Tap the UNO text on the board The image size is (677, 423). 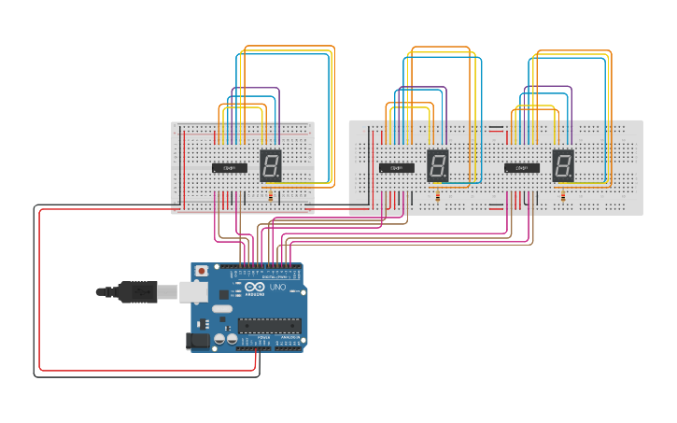coord(277,288)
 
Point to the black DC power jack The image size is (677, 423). coord(197,342)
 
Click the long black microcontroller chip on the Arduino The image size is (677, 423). coord(269,325)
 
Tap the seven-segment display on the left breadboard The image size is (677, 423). coord(270,165)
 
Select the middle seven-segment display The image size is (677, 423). coord(438,165)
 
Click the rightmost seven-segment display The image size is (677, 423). coord(563,165)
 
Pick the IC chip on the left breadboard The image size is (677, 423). coord(230,168)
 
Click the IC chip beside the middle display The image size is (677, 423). coord(397,168)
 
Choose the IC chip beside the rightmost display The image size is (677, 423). coord(522,168)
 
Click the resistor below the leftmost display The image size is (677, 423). coord(271,194)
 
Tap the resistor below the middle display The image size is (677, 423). coord(438,195)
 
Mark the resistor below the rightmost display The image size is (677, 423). coord(563,195)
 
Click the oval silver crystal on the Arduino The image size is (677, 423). coord(221,308)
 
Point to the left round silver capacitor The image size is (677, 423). coord(219,338)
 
